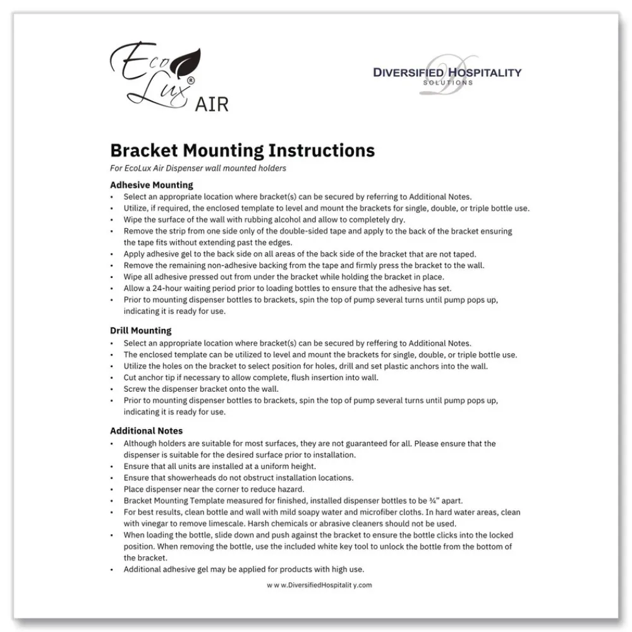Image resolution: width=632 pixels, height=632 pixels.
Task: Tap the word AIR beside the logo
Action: point(212,104)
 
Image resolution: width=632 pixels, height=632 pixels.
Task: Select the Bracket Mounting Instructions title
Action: point(242,150)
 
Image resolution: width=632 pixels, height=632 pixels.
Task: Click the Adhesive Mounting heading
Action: point(151,185)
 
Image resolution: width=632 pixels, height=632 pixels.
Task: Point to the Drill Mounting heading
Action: point(140,331)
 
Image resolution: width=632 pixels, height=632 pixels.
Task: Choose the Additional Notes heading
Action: point(146,431)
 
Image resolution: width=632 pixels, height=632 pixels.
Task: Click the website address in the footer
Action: point(319,585)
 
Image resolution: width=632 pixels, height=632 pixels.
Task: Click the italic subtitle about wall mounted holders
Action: point(198,168)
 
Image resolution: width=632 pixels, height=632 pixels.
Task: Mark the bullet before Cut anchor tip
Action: point(112,378)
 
